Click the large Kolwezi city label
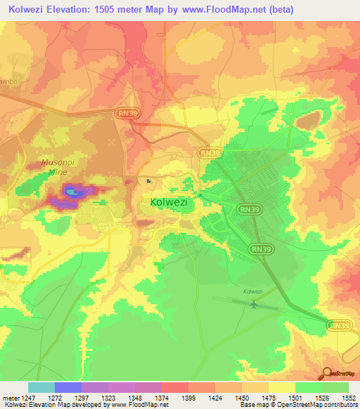[x=172, y=202]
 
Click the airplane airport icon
[x=252, y=304]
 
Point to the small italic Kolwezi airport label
[x=252, y=291]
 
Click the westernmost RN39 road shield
[x=127, y=112]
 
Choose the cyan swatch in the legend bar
[x=41, y=387]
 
